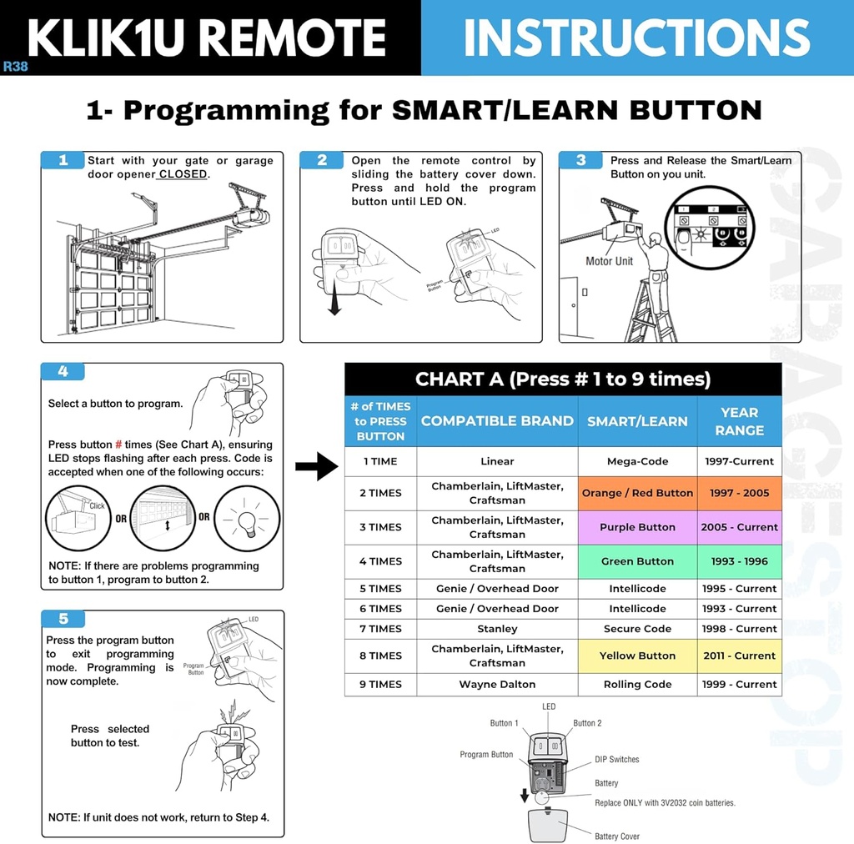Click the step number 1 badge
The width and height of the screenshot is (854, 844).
click(63, 160)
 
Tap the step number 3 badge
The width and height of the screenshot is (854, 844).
click(581, 160)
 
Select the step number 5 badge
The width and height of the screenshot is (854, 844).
click(63, 619)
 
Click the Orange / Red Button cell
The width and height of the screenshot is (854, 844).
click(637, 493)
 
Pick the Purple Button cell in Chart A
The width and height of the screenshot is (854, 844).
click(637, 527)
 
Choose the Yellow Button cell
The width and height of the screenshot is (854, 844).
click(637, 656)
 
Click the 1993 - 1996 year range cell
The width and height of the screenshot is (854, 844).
click(739, 561)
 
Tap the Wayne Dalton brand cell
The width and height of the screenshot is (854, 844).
click(497, 684)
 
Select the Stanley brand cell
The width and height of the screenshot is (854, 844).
click(497, 629)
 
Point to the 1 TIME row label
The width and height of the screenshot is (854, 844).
click(380, 461)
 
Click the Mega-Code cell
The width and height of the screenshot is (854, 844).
click(637, 461)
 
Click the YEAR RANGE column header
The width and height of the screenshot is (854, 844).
click(739, 421)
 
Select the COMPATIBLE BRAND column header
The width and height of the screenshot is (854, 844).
click(497, 421)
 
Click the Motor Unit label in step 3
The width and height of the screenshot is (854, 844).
click(609, 261)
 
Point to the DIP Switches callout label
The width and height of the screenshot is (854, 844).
click(616, 760)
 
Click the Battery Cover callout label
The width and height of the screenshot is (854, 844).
click(616, 836)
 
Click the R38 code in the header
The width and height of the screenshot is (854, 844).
click(15, 67)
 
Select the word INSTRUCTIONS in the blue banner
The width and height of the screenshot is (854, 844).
click(636, 38)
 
